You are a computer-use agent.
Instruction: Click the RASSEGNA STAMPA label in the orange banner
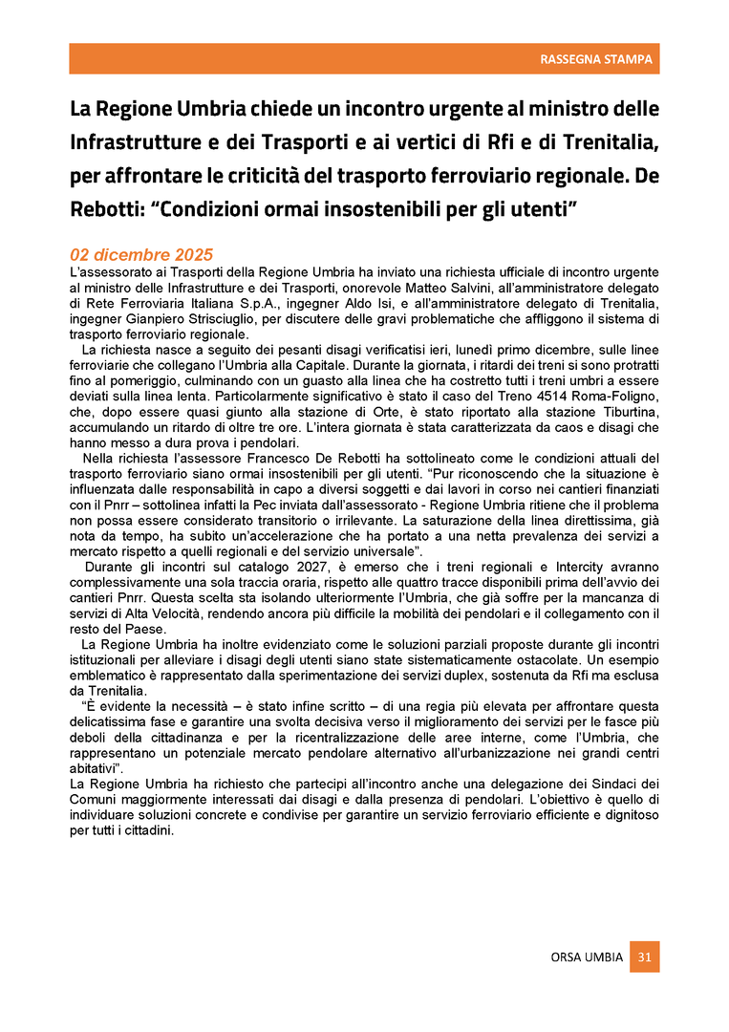(x=596, y=59)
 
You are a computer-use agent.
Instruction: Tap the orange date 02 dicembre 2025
(x=141, y=256)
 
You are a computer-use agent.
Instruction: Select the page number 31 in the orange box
(x=644, y=957)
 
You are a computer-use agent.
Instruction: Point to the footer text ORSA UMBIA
(x=587, y=957)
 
